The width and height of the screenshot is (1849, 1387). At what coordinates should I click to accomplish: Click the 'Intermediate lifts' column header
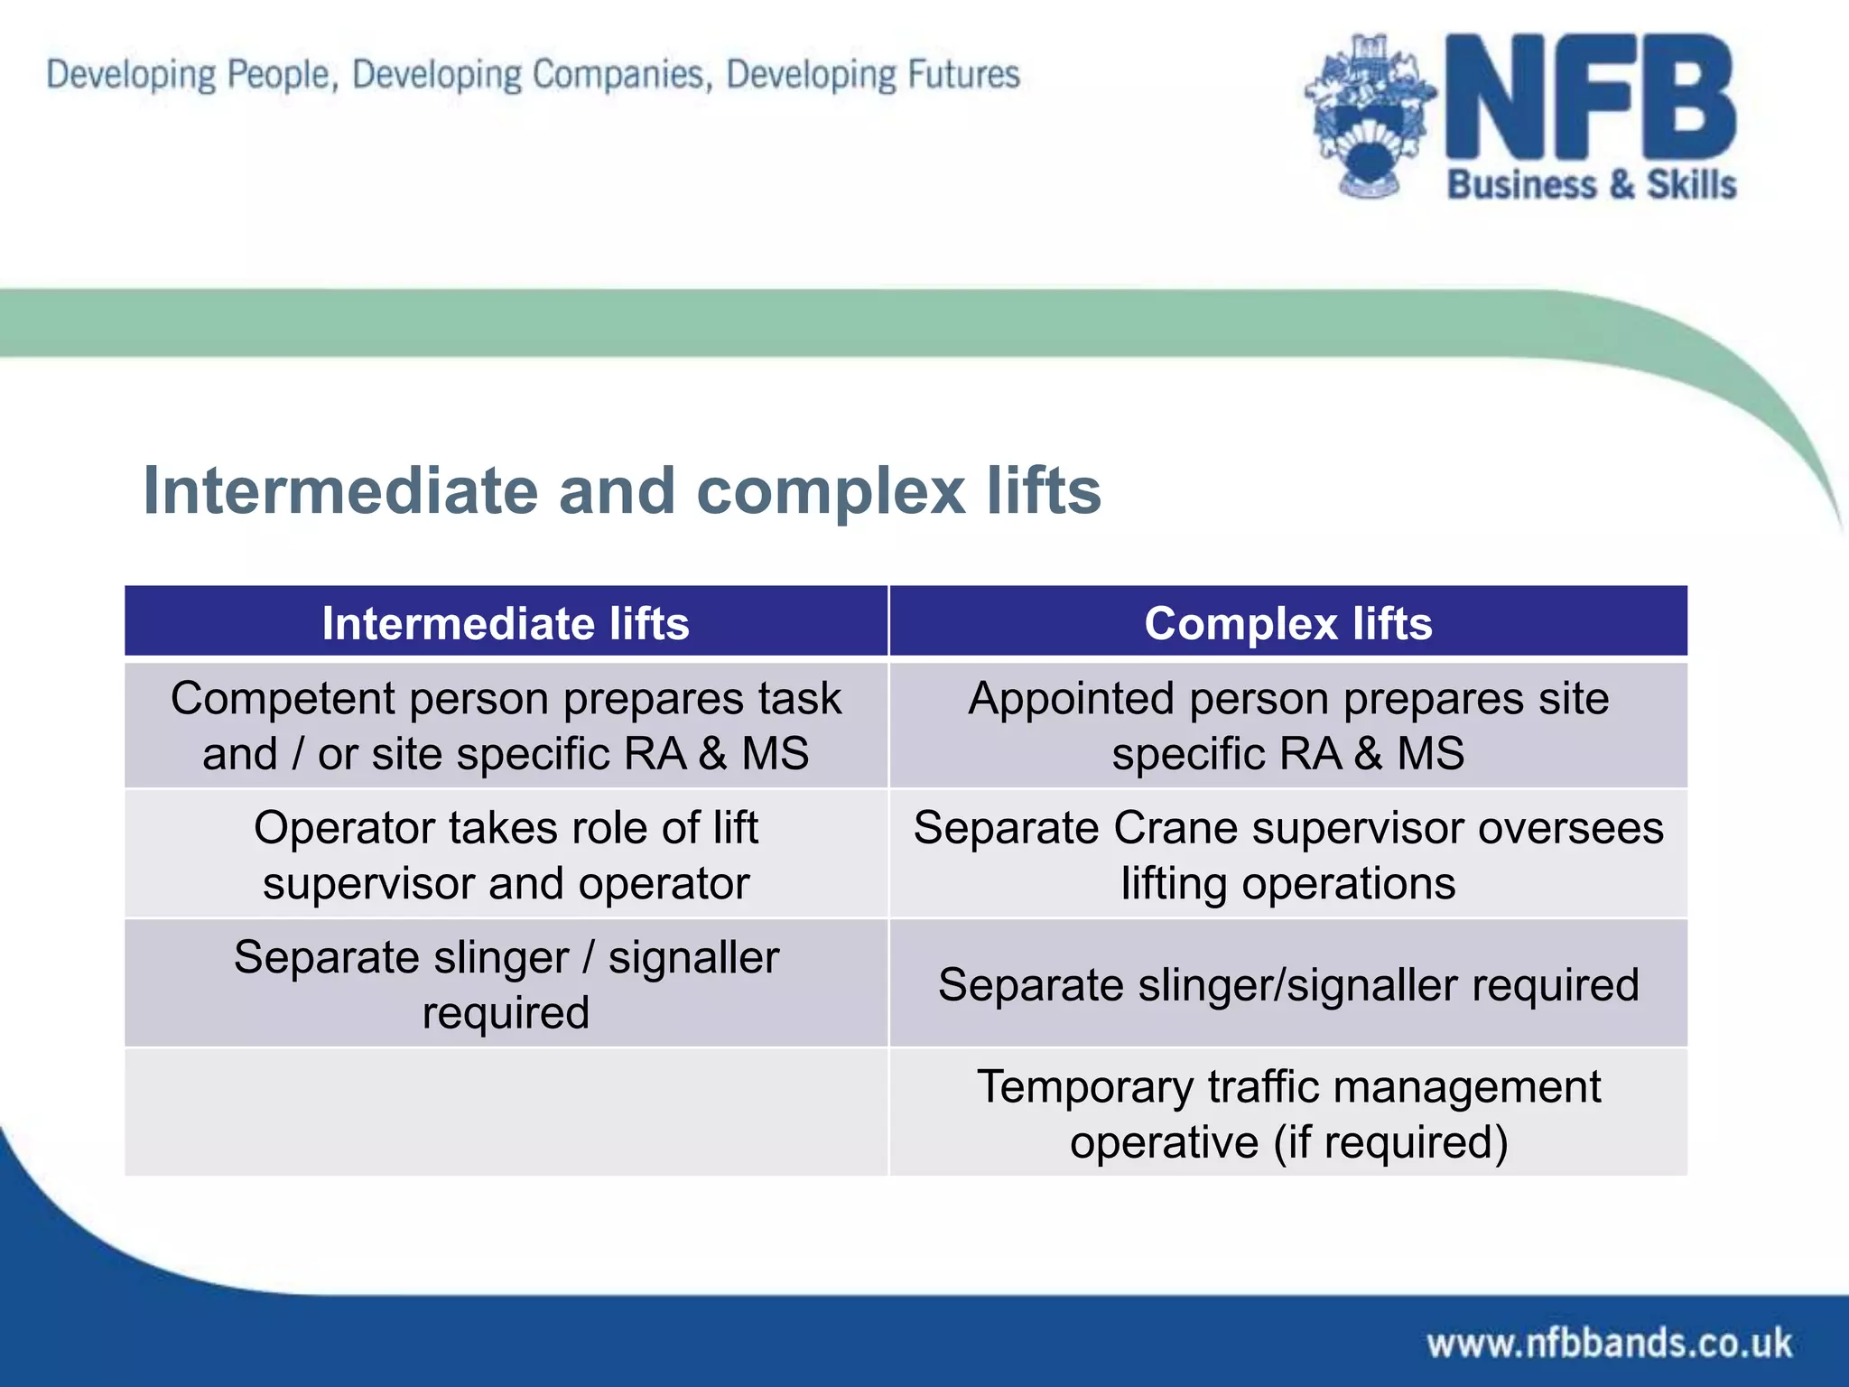click(506, 623)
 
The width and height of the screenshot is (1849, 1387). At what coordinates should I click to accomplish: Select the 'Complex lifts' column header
click(1288, 623)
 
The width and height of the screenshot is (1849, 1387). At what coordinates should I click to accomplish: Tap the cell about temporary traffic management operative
click(1288, 1113)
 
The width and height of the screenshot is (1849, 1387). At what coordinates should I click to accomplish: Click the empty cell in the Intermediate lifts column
click(506, 1112)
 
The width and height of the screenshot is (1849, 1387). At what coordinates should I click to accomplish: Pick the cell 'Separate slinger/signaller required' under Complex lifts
click(1288, 984)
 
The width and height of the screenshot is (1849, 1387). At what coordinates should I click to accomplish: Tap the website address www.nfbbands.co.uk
click(1609, 1343)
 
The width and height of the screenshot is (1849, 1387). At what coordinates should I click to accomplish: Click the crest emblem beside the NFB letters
click(1370, 117)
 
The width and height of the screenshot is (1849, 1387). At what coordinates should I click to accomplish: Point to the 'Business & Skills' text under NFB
click(1592, 184)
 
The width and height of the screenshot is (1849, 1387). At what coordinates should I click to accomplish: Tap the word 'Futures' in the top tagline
click(963, 74)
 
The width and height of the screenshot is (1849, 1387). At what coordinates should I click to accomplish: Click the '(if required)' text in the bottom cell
click(1390, 1142)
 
